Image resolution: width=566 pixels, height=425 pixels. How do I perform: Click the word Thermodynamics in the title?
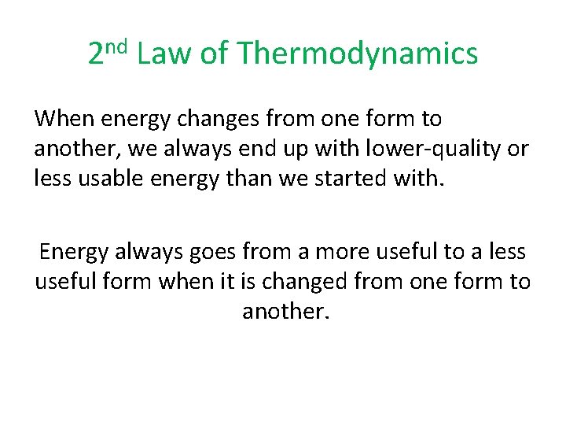357,54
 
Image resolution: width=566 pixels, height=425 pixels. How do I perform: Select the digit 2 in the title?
96,54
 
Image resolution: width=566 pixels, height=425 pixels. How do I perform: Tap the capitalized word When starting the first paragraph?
62,120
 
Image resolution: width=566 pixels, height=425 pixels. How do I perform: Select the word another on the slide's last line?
285,312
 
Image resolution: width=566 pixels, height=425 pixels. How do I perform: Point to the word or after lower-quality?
520,150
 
